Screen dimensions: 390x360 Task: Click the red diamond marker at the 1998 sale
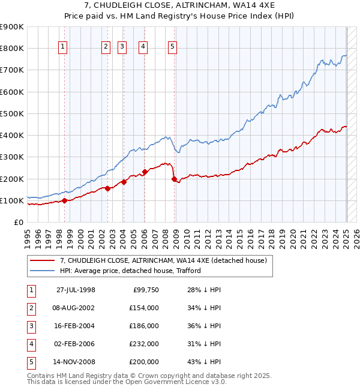point(65,201)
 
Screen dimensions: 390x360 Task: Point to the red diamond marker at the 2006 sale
point(145,172)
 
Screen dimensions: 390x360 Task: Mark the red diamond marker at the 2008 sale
point(174,179)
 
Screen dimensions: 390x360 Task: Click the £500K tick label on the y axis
point(12,113)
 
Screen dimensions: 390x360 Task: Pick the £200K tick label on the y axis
point(12,179)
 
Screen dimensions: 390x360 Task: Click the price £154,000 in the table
point(144,308)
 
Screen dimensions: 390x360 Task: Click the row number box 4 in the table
point(31,344)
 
